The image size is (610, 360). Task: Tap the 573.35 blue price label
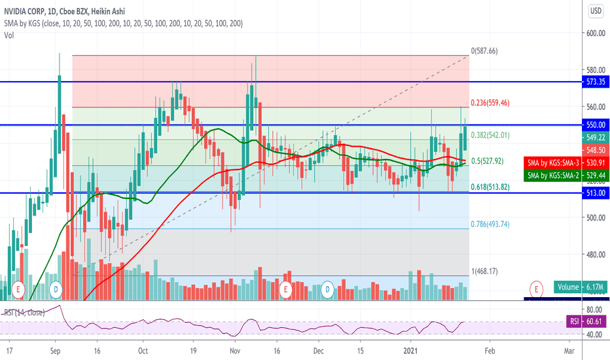click(596, 82)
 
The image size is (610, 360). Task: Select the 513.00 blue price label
click(596, 193)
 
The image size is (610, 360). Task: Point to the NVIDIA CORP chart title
click(29, 11)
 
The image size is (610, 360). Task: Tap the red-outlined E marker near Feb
click(537, 288)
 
